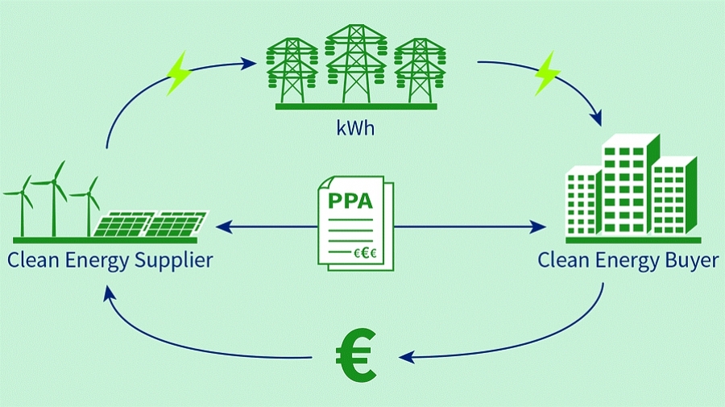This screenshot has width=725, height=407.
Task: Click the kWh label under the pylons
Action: (x=356, y=128)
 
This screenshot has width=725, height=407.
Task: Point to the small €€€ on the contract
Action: (x=365, y=253)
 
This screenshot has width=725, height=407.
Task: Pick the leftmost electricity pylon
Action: (x=292, y=69)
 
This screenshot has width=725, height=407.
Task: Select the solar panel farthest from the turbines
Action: (x=180, y=223)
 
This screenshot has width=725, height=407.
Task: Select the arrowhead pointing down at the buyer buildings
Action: (x=598, y=121)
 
